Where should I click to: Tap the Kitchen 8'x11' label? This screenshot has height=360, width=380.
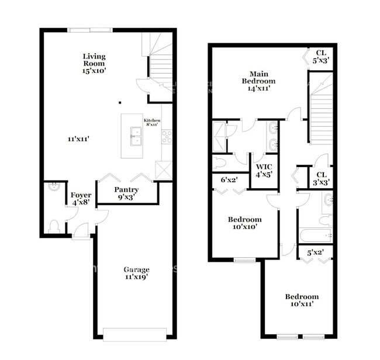pos(151,123)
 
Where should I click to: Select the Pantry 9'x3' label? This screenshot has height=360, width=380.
pos(126,193)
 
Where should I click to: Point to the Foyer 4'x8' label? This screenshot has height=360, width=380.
pos(81,199)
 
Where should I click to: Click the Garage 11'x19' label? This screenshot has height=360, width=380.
pos(136,273)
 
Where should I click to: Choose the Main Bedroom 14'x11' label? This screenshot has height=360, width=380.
pos(258,81)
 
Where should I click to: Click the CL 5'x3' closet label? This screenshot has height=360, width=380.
pos(322,56)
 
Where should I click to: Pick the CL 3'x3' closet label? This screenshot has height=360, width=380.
pos(322,178)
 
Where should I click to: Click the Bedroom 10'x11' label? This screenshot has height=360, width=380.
pos(302,300)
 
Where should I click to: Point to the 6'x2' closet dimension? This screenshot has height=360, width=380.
pos(229,180)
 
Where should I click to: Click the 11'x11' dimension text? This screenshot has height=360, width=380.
pos(78,139)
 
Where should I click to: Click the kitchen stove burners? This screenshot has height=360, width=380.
pos(167,136)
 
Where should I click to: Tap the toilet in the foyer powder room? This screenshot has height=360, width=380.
pos(54,226)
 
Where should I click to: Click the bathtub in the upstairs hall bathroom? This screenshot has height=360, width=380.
pos(315,235)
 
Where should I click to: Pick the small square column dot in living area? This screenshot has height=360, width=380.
pos(120,102)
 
